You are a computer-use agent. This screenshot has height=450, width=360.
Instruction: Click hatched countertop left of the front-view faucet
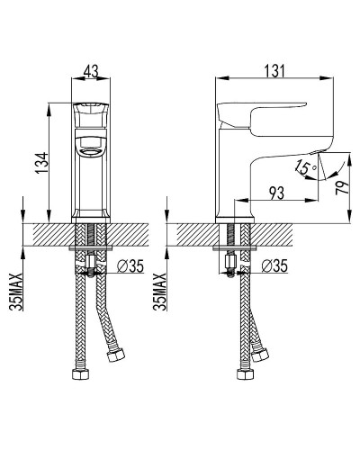click(50, 232)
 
